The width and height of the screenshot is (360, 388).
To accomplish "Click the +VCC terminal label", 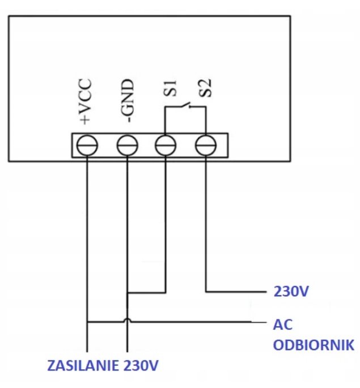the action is (x=86, y=101).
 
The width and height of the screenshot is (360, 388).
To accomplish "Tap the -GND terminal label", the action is (x=127, y=101).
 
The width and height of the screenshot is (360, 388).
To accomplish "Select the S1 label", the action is (x=170, y=88).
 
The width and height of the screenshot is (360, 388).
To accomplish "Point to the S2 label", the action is (x=205, y=88).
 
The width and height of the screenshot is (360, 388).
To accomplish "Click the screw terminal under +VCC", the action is (x=87, y=145).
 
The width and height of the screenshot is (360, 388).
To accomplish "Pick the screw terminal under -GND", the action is (x=127, y=145).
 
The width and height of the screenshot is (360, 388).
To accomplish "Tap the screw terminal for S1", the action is (x=166, y=145).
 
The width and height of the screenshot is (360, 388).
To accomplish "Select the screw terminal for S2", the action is (x=206, y=145).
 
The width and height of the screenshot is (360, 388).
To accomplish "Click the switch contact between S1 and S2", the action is (x=185, y=105).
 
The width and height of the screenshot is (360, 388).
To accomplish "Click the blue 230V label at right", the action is (x=291, y=292).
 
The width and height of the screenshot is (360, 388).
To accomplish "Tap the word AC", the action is (x=283, y=325).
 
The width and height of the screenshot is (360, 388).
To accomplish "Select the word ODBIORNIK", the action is (x=314, y=345).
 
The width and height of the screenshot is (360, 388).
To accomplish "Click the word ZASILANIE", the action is (x=83, y=365).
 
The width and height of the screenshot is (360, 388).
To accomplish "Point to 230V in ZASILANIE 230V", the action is (x=141, y=365).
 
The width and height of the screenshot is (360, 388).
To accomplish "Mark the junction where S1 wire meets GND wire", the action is (x=127, y=293).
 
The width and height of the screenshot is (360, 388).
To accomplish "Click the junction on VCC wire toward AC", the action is (x=87, y=322).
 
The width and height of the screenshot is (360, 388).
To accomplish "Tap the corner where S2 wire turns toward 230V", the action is (x=206, y=292).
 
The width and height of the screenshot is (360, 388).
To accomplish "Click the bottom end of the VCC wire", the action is (x=87, y=352).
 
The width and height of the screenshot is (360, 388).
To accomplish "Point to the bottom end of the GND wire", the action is (x=127, y=352).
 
